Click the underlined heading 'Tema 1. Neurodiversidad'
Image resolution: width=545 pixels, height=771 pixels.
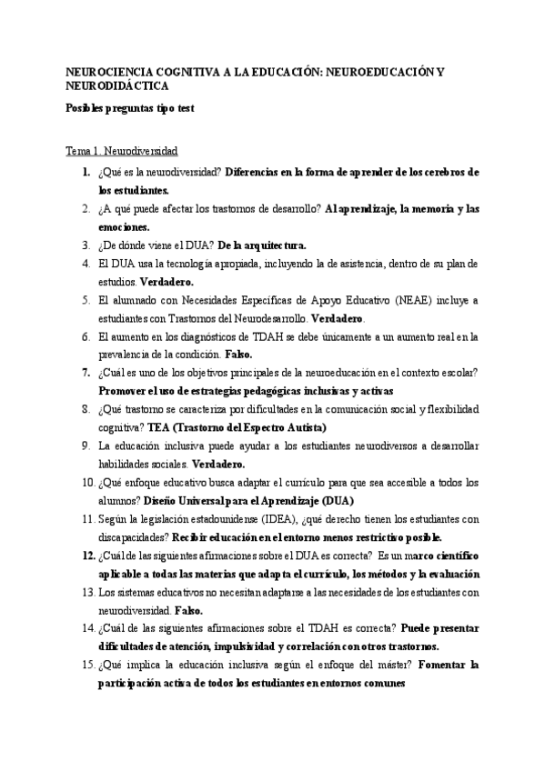pos(122,150)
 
